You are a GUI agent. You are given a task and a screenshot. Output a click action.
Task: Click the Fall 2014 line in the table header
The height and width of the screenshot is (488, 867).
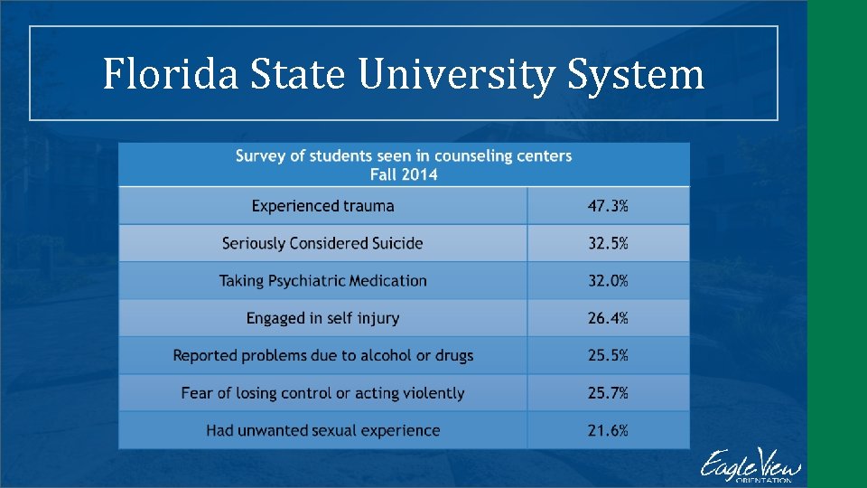[x=404, y=174]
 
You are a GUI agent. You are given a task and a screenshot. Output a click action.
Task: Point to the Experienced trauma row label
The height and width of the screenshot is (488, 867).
[x=322, y=206]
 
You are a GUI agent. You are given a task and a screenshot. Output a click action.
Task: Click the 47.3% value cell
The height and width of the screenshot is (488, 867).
[x=608, y=206]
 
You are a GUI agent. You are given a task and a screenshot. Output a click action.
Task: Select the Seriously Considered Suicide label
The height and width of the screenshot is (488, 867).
[x=322, y=243]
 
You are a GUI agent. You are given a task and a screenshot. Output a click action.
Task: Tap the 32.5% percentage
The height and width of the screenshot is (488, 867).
[x=608, y=243]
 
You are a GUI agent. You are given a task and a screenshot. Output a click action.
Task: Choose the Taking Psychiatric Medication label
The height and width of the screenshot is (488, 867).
[x=322, y=280]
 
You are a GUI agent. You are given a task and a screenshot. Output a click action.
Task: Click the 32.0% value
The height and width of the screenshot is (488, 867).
[x=608, y=280]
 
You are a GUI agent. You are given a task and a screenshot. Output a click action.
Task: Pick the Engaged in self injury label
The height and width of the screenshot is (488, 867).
[x=322, y=318]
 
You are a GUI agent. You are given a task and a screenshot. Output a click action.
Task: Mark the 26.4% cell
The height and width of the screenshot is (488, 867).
[x=608, y=318]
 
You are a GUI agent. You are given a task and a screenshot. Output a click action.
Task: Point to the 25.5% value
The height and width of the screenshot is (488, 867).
[x=608, y=355]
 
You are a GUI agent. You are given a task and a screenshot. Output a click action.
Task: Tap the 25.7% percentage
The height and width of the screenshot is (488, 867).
[x=608, y=393]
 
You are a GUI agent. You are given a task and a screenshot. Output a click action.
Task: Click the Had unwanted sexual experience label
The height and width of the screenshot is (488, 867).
[x=322, y=430]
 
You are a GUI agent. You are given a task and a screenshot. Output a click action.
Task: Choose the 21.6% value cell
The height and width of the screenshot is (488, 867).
[x=608, y=430]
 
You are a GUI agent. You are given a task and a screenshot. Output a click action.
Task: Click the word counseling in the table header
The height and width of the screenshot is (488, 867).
[x=471, y=155]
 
